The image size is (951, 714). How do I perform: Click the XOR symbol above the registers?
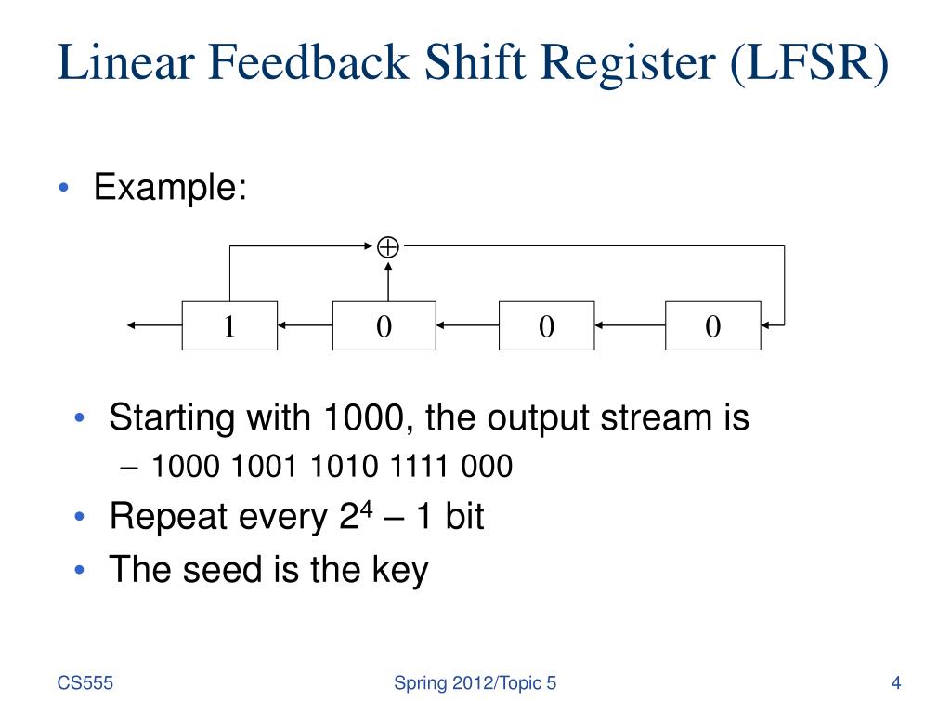coord(388,247)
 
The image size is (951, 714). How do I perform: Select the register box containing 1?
coord(228,325)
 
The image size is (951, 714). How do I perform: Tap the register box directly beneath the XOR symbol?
coord(384,325)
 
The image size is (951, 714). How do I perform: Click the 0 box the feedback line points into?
coord(712,325)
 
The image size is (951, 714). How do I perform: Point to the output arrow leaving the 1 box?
coord(154,325)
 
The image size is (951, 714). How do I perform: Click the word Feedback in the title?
coord(312,63)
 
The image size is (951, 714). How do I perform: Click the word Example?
coord(170,189)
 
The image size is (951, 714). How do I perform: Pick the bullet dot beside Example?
coord(62,189)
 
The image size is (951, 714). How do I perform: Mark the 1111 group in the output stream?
coord(417,466)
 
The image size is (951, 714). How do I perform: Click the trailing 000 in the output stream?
coord(487,466)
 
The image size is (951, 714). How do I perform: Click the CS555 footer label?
coord(85,684)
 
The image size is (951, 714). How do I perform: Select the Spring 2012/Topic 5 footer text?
coord(475,684)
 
